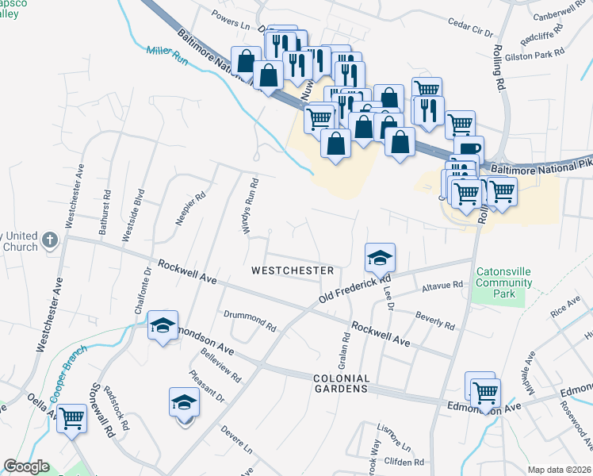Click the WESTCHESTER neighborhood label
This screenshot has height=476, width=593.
(x=293, y=271)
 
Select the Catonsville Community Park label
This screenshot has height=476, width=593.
(x=503, y=282)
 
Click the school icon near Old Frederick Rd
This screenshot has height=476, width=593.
(x=380, y=258)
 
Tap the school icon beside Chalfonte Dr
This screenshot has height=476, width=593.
(x=163, y=326)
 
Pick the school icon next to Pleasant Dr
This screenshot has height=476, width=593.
(x=184, y=402)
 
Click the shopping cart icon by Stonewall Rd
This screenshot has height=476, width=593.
(x=72, y=417)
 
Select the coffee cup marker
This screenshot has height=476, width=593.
(x=469, y=150)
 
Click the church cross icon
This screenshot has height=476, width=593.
(x=50, y=240)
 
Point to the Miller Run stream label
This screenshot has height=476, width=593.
(x=166, y=56)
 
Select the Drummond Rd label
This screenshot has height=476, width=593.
(x=249, y=321)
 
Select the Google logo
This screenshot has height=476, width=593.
(x=26, y=466)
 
